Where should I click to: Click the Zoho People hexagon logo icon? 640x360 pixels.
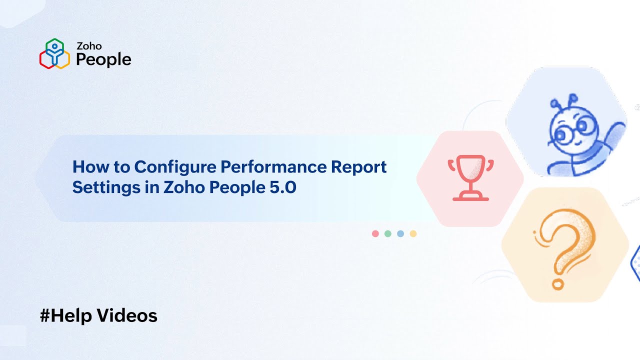click(x=54, y=53)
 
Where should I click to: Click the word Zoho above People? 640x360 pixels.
click(x=89, y=46)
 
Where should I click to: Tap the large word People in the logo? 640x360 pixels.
click(x=103, y=59)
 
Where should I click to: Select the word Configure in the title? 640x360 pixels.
click(x=175, y=167)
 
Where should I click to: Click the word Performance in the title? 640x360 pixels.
click(x=273, y=167)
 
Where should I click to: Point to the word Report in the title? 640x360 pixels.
click(x=358, y=167)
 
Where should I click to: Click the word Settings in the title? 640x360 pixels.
click(x=106, y=188)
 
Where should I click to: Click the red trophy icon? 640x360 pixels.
click(x=470, y=177)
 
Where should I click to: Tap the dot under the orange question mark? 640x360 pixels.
click(x=557, y=285)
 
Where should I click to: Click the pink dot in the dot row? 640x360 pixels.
click(x=375, y=233)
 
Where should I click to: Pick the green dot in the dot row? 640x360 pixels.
click(x=387, y=233)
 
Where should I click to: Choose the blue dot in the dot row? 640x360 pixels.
click(x=400, y=233)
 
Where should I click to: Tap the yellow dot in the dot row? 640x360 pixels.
click(x=413, y=233)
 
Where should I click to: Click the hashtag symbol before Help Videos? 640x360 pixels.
click(x=45, y=315)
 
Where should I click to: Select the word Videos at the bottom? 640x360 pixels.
click(x=127, y=315)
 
